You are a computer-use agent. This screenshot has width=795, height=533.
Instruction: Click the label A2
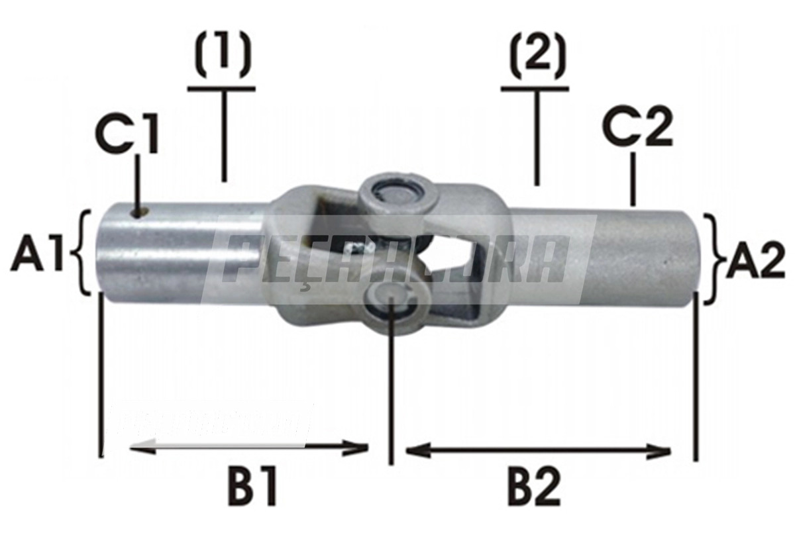(755, 258)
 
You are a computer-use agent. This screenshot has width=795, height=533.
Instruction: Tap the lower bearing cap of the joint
(393, 305)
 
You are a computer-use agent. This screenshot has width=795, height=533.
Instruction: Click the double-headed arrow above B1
(248, 448)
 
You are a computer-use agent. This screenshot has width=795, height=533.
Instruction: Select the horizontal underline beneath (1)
(221, 88)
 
